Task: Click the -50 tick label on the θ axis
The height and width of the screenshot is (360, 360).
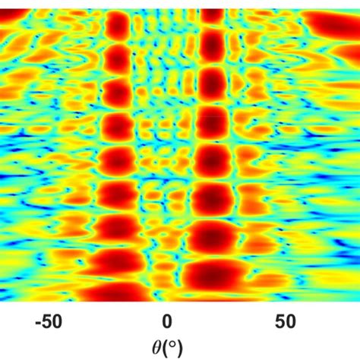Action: click(47, 321)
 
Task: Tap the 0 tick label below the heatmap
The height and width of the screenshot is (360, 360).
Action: click(167, 321)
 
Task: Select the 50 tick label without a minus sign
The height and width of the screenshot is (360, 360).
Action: click(286, 321)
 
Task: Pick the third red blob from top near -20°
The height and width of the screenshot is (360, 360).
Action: click(118, 92)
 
